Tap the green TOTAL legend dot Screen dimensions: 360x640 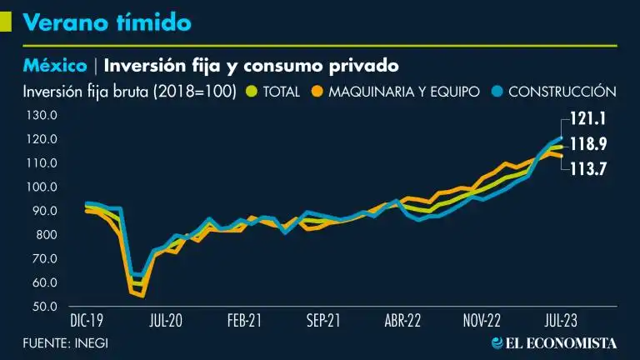coord(252,91)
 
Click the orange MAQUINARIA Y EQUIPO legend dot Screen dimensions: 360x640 coord(317,91)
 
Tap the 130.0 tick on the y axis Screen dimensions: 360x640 coord(39,115)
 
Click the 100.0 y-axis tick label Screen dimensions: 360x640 coord(39,187)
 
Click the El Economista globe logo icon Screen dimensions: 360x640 coord(497,342)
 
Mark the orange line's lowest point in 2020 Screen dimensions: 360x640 coord(141,295)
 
